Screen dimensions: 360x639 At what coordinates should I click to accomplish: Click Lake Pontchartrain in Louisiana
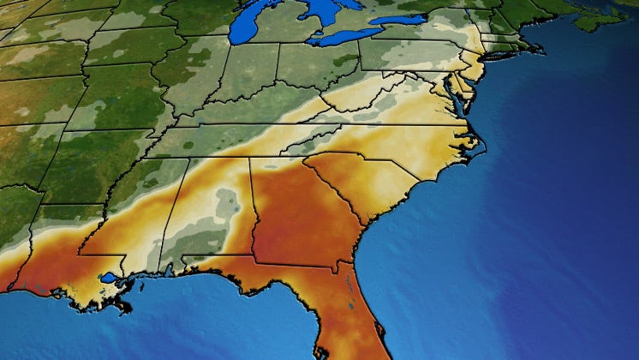108,278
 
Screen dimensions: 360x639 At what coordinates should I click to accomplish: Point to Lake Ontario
398,19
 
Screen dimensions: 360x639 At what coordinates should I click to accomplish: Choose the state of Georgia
296,214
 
